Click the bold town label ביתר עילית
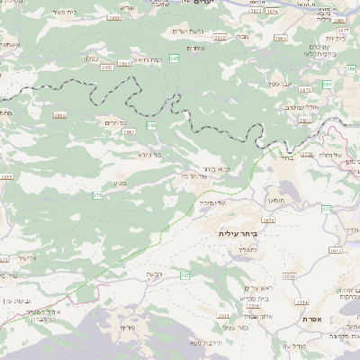click(x=238, y=232)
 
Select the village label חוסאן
click(x=275, y=202)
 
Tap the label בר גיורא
click(x=149, y=154)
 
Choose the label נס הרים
click(x=117, y=121)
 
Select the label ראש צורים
click(x=257, y=287)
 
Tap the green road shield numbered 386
click(x=151, y=126)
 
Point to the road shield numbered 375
click(x=97, y=194)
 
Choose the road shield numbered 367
click(x=184, y=274)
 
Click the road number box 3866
click(x=60, y=115)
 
